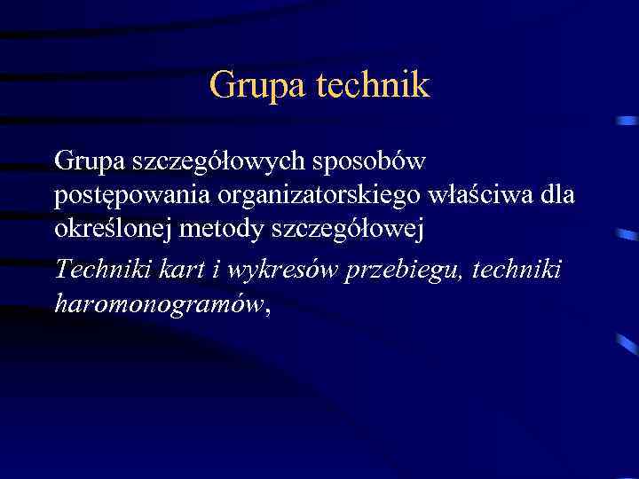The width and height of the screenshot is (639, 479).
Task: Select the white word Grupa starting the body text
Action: (89, 162)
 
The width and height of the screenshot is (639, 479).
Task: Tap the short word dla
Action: (560, 196)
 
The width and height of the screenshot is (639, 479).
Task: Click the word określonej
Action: (113, 231)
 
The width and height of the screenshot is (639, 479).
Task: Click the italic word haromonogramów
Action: (158, 304)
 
